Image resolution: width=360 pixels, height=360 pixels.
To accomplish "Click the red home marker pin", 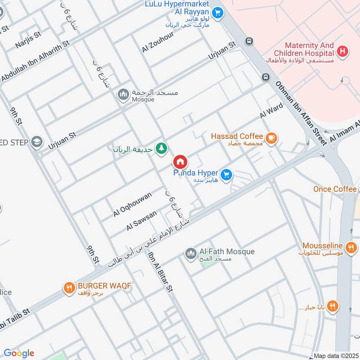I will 180,162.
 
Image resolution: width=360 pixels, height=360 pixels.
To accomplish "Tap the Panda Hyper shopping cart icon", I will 226,175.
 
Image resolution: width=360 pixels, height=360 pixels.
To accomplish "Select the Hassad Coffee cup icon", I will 270,138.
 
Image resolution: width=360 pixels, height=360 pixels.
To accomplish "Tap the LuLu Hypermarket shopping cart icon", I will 217,13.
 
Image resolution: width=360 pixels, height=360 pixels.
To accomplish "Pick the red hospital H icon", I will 343,52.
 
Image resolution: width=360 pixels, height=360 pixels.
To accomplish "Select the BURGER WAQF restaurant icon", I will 69,288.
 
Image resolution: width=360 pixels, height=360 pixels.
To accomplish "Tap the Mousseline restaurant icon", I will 351,247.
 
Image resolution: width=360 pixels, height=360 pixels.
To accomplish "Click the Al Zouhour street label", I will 157,43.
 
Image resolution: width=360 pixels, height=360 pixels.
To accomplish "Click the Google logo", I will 19,353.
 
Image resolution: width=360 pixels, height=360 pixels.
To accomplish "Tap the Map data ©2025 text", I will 336,356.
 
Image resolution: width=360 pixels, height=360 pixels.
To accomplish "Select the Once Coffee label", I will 335,189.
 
